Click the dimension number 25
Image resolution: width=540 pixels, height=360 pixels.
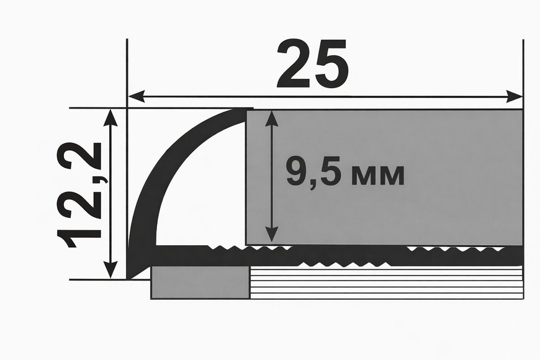tap(313, 63)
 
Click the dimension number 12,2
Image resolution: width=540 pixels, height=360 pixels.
tap(79, 195)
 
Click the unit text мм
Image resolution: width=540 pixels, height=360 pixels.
tap(377, 176)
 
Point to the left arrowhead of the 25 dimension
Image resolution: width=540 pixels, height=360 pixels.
tap(137, 96)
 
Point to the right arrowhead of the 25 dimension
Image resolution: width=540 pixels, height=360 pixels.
tap(515, 96)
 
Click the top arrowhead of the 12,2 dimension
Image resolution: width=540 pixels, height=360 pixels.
tap(110, 117)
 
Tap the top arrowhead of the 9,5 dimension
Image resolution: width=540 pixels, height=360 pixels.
tap(272, 119)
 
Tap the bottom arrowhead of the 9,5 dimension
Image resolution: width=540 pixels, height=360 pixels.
tap(272, 233)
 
